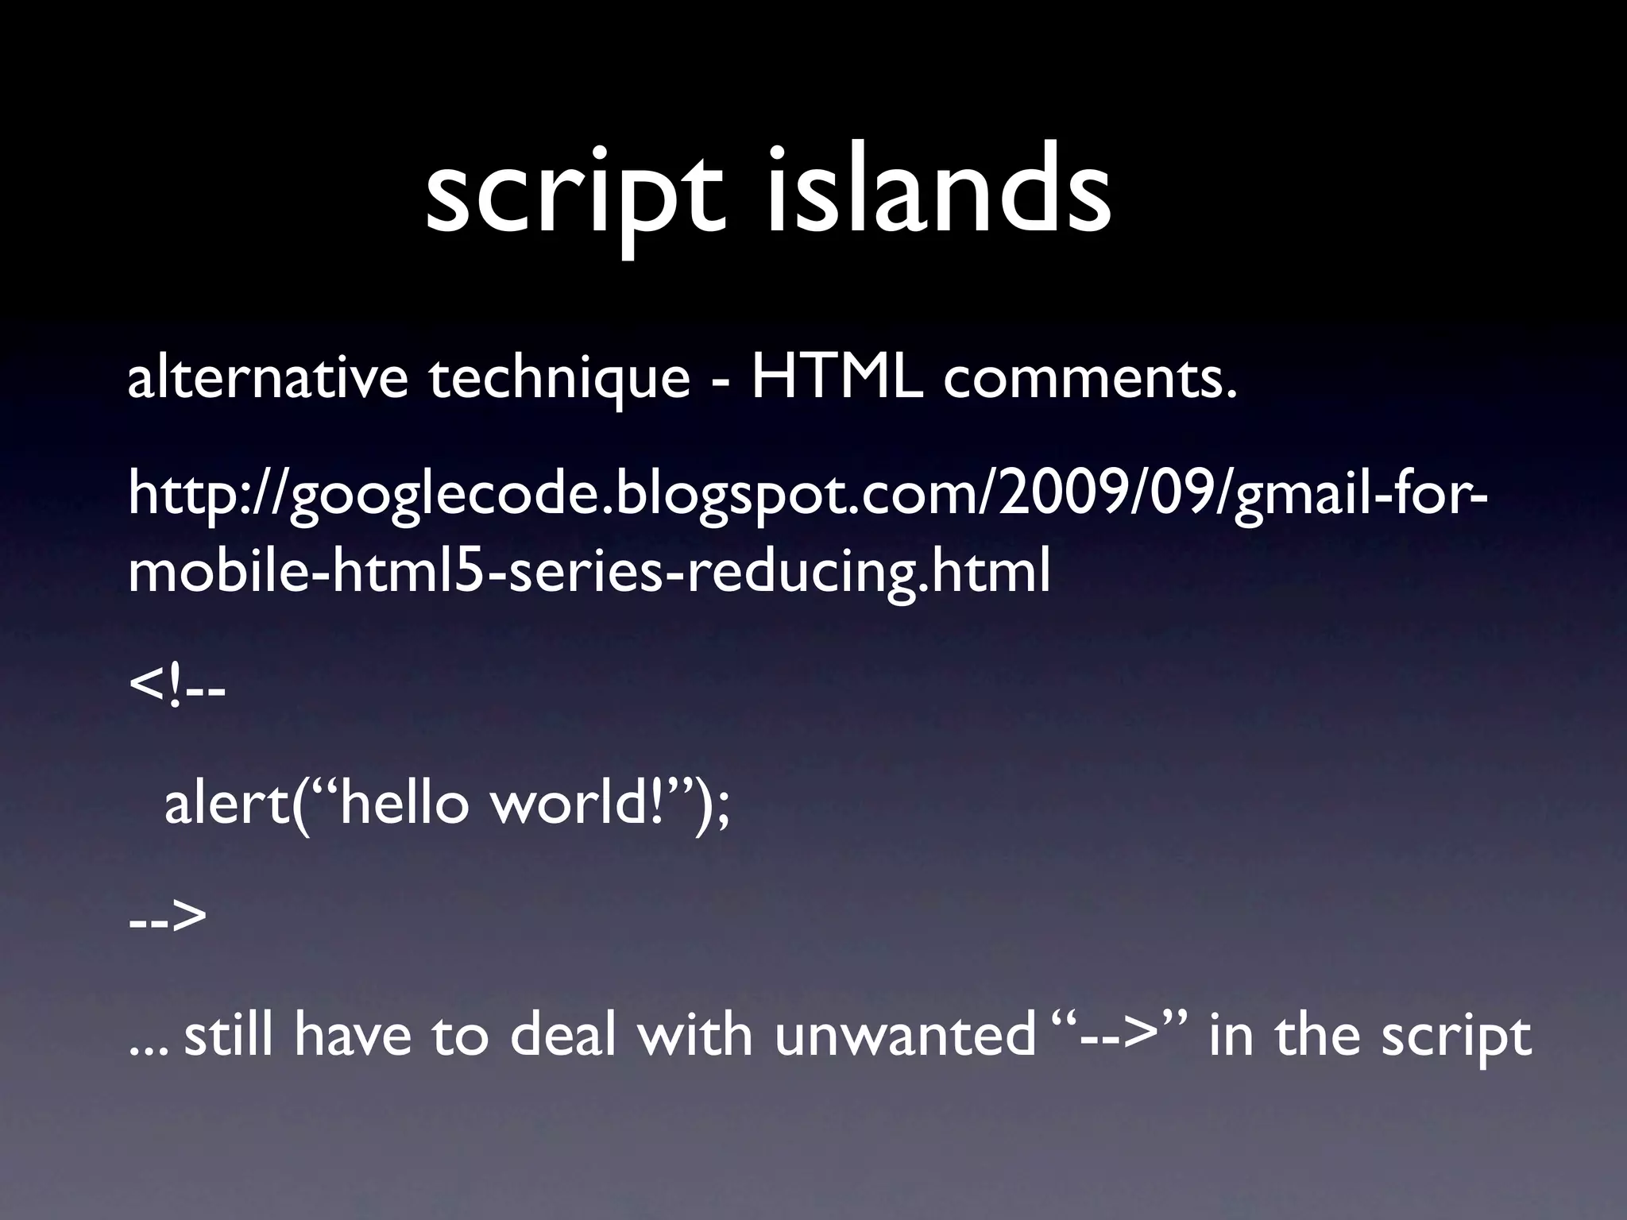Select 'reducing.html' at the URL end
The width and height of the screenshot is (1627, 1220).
[869, 573]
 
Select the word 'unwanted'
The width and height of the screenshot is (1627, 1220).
[905, 1037]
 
